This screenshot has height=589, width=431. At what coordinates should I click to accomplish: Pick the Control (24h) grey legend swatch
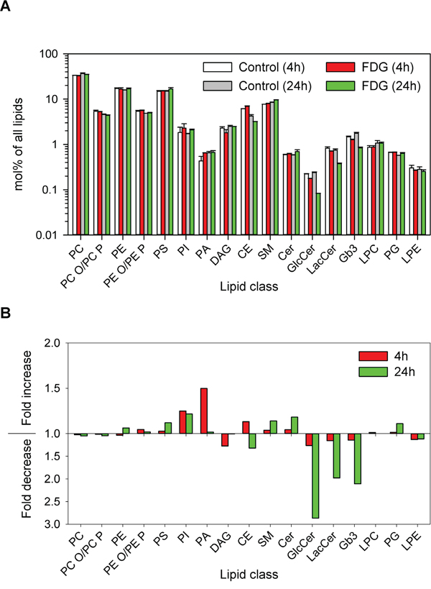pos(210,85)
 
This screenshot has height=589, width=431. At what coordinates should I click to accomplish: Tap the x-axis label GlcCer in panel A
pos(305,252)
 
